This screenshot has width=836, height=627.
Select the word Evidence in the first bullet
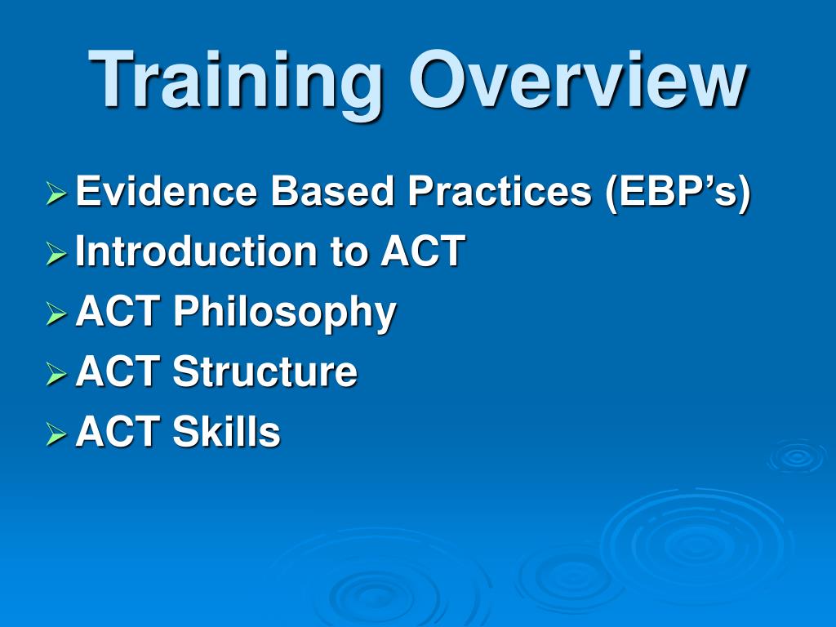tap(167, 191)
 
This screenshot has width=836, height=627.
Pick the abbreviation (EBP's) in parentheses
tap(678, 192)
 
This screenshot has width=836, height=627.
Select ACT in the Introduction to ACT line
tap(423, 251)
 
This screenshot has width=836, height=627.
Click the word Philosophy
tap(284, 313)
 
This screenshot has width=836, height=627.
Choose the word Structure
tap(265, 371)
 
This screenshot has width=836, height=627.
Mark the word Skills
tap(227, 431)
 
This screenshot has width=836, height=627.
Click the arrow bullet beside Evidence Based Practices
tap(56, 193)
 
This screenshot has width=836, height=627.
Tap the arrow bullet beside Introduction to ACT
tap(56, 253)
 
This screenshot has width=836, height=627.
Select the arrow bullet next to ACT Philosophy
tap(56, 313)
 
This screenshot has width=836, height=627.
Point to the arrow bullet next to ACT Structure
tap(56, 374)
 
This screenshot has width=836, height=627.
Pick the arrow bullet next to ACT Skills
tap(56, 434)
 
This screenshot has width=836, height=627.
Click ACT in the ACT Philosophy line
tap(118, 311)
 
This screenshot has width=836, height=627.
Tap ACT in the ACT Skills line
tap(118, 431)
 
